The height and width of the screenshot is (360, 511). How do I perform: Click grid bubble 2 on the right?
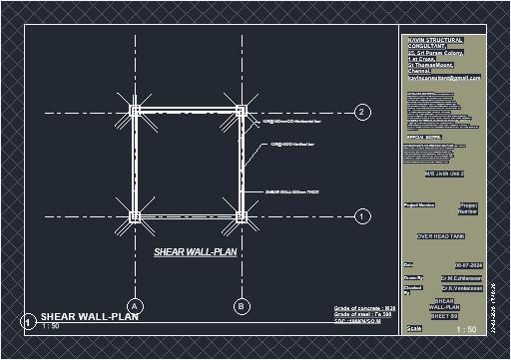[362, 112]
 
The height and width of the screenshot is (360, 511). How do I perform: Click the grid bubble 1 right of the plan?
[362, 215]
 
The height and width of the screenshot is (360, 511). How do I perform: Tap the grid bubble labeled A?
[135, 305]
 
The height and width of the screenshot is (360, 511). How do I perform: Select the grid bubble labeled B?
[241, 305]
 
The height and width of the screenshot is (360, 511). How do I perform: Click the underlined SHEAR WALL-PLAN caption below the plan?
[195, 252]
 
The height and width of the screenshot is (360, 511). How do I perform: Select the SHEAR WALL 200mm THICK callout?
[290, 190]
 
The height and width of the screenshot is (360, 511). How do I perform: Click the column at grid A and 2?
[135, 112]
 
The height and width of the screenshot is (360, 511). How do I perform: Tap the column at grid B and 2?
[241, 112]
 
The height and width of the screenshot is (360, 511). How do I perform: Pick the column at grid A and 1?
[135, 215]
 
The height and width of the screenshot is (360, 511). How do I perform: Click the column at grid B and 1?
[241, 215]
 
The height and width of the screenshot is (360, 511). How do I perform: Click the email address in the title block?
[444, 77]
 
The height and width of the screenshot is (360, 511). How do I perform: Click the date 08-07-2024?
[456, 264]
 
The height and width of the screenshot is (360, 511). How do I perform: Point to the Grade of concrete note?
[364, 309]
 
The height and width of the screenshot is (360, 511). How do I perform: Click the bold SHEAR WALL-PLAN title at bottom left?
[89, 317]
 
